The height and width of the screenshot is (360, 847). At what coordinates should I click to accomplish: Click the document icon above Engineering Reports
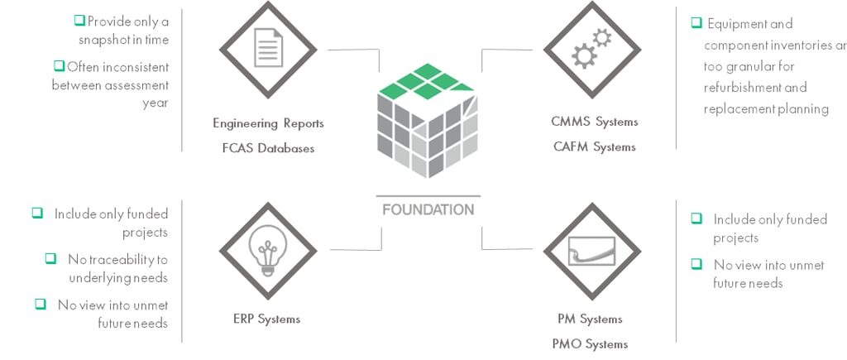point(269,48)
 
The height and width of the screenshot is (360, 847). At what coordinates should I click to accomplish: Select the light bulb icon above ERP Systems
point(267,250)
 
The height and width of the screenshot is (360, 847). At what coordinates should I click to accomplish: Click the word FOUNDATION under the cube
point(428,209)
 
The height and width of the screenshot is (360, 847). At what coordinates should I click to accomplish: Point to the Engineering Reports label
point(269,123)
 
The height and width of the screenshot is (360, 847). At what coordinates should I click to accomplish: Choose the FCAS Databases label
point(269,147)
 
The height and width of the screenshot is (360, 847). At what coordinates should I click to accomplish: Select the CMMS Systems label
point(594,122)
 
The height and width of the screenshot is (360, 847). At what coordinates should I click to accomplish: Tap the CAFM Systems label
point(594,146)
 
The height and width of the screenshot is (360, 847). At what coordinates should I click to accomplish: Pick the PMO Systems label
point(590,343)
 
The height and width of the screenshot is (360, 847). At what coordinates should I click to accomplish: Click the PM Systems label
point(590,319)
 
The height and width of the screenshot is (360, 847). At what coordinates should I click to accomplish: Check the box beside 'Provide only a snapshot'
point(79,21)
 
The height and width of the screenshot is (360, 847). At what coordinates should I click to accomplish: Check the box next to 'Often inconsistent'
point(59,66)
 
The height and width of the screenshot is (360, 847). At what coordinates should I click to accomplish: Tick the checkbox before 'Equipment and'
point(696,22)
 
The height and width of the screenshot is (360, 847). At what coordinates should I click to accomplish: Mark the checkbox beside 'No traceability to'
point(50,258)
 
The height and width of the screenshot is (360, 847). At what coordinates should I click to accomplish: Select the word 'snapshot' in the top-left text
point(103,40)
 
